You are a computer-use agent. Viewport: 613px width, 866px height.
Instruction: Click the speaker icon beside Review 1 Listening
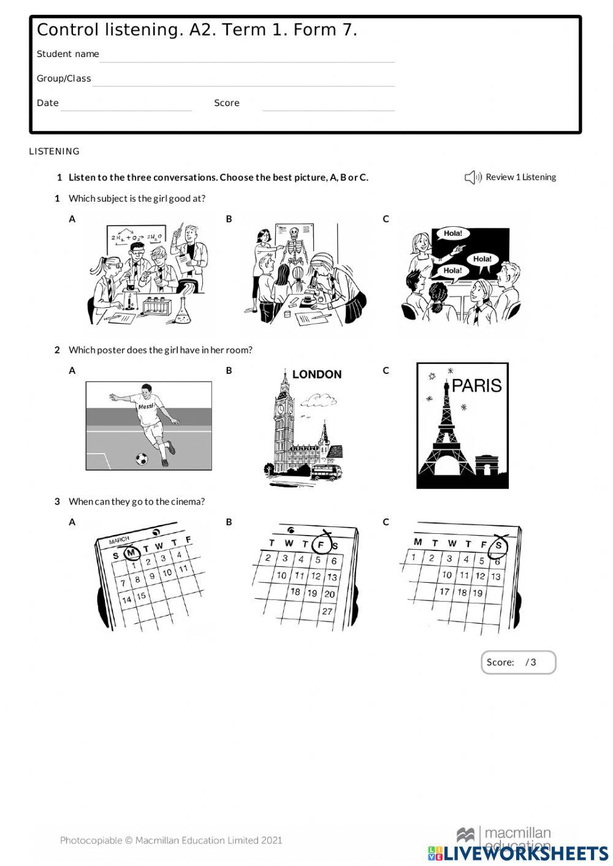(x=473, y=178)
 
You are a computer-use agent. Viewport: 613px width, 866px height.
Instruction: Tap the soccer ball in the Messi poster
(x=142, y=458)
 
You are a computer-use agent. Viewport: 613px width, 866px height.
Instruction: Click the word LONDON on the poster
(x=316, y=374)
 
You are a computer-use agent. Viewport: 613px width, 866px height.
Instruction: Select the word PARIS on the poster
(x=476, y=386)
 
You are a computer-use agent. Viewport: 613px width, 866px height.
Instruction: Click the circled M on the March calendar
(x=131, y=553)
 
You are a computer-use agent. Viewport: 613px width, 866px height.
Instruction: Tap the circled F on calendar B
(x=321, y=544)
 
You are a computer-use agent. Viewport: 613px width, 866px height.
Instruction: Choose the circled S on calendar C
(x=499, y=545)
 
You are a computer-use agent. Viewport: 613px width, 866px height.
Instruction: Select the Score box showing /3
(x=518, y=663)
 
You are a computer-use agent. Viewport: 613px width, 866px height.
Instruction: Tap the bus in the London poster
(x=326, y=472)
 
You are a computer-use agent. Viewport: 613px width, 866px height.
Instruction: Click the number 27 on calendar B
(x=327, y=611)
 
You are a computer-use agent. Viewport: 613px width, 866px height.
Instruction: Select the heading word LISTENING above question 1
(x=55, y=151)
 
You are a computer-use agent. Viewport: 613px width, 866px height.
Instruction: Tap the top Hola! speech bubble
(x=452, y=234)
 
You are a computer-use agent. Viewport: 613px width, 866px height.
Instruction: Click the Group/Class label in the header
(x=64, y=78)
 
